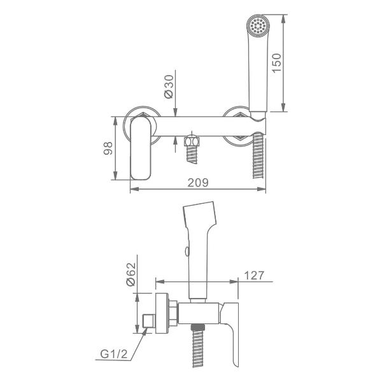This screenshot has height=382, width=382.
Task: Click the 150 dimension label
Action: (x=276, y=63)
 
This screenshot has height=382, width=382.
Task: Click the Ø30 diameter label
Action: (x=169, y=87)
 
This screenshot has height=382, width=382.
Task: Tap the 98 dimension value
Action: (x=108, y=148)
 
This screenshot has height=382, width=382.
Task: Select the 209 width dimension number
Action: (x=198, y=183)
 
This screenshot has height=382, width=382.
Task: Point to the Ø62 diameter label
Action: (x=131, y=274)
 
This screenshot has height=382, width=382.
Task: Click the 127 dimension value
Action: (x=254, y=276)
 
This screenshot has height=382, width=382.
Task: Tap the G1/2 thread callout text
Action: (x=114, y=354)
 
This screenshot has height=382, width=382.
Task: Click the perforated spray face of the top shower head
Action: (x=258, y=25)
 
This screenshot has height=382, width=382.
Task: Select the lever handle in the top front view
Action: (x=141, y=148)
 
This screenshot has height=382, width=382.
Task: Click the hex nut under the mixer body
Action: (x=192, y=141)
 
